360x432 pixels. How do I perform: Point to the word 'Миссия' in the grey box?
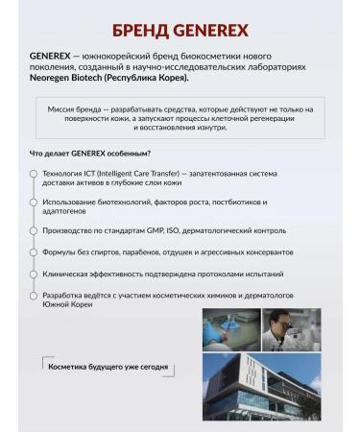(64, 109)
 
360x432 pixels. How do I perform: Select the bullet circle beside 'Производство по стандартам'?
(34, 231)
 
